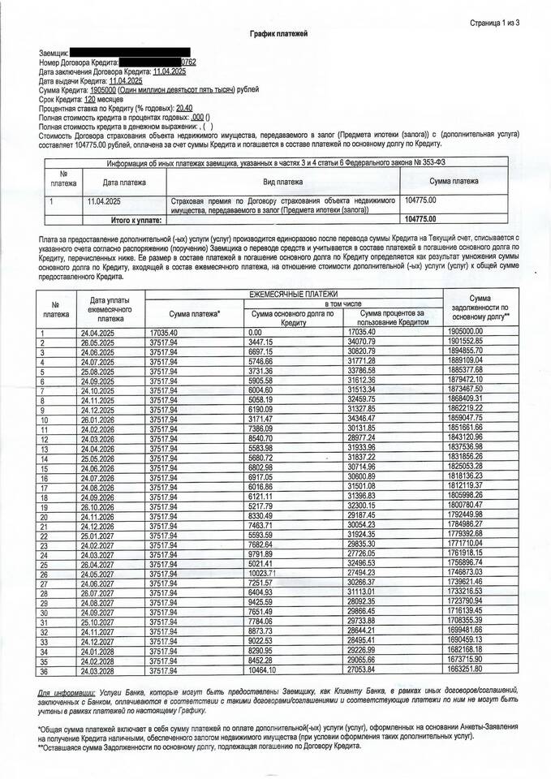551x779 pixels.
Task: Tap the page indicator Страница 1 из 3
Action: [x=494, y=22]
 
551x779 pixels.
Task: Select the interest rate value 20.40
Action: [x=184, y=108]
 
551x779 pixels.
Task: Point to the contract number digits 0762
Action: [x=188, y=62]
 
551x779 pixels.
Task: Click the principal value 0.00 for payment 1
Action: [x=256, y=333]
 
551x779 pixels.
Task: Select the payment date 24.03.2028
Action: [x=100, y=670]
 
